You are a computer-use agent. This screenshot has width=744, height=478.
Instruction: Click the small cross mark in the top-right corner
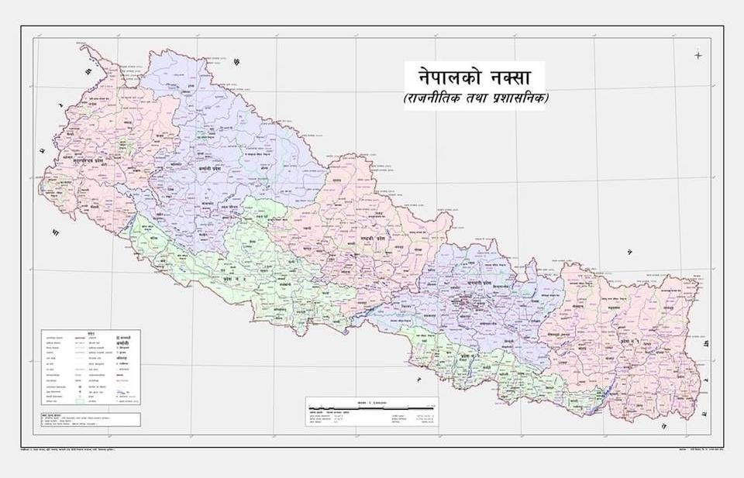click(x=698, y=55)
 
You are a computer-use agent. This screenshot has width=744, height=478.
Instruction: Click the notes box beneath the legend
click(x=91, y=419)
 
